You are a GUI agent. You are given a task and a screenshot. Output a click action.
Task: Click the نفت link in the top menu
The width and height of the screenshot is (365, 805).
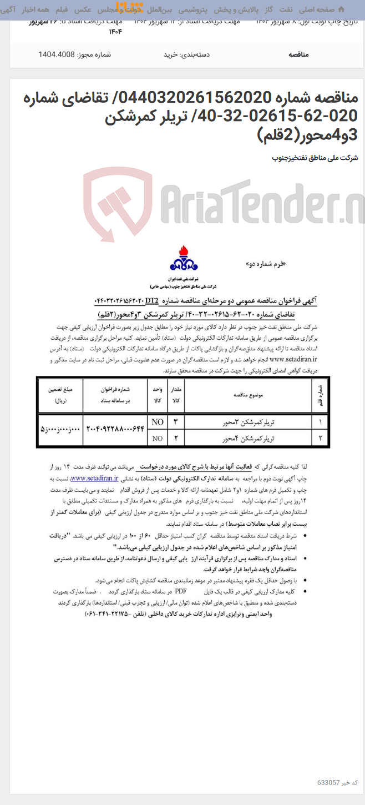(286, 10)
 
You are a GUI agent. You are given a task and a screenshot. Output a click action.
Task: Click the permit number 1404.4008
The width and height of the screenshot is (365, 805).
(56, 54)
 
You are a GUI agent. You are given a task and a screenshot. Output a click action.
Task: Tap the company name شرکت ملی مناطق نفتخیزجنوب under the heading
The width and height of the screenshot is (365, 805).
(315, 158)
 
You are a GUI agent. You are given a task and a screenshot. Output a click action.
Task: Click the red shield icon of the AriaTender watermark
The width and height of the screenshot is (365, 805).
(118, 199)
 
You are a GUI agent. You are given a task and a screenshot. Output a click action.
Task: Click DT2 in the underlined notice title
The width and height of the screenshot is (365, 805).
(152, 301)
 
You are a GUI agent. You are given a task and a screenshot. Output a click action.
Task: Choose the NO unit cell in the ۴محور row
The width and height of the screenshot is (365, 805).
(158, 439)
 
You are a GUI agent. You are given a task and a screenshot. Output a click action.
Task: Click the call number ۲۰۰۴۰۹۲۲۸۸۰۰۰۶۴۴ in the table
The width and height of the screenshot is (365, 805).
(115, 430)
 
